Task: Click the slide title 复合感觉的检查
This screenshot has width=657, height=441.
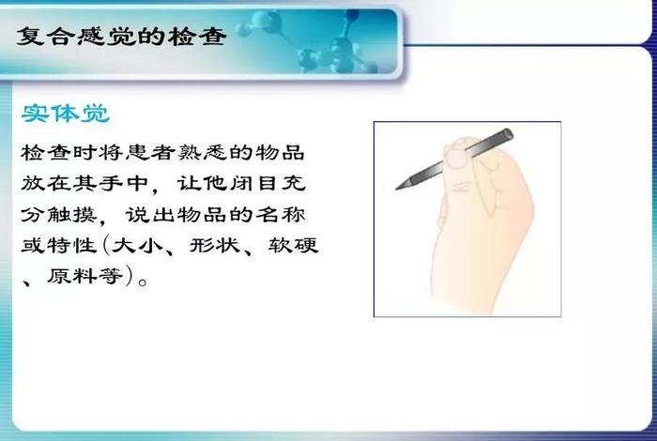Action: tap(121, 37)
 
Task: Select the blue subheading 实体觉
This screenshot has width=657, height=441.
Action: tap(66, 114)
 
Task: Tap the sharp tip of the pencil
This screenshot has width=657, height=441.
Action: tap(397, 189)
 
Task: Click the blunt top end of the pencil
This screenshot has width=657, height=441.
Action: tap(508, 134)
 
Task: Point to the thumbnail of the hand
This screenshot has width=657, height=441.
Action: tap(455, 160)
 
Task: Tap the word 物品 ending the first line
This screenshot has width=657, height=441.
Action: tap(280, 152)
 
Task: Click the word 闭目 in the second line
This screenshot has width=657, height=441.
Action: tap(254, 183)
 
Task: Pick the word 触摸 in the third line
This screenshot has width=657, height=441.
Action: tap(72, 215)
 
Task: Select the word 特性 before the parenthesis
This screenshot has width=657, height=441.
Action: tap(72, 245)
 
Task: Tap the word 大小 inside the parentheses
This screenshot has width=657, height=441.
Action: tap(138, 245)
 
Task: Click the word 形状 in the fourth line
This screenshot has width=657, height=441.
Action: tap(215, 245)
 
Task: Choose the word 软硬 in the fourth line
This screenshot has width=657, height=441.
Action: tap(294, 245)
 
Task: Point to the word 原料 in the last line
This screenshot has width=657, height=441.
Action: tap(72, 276)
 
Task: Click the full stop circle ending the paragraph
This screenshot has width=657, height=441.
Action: tap(143, 281)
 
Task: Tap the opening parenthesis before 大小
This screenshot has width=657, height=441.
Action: tap(105, 245)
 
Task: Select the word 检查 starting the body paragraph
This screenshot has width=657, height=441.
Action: tap(46, 152)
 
